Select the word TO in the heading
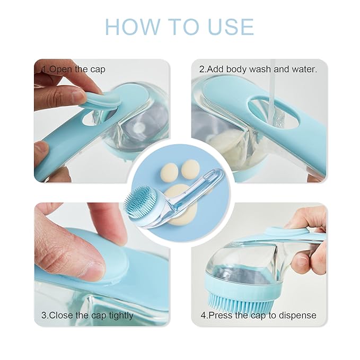point(179,27)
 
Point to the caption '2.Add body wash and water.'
point(258,69)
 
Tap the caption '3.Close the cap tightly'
point(87,315)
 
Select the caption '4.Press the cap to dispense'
point(258,315)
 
